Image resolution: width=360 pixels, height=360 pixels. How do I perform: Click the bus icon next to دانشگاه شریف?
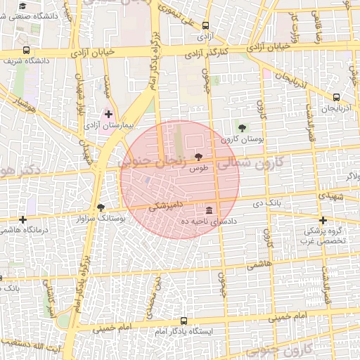27,50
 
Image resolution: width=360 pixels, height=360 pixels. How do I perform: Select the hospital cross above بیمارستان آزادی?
108,113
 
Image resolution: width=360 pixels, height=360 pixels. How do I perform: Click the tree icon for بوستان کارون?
243,128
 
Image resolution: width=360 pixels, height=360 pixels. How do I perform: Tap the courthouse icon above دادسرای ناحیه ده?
210,211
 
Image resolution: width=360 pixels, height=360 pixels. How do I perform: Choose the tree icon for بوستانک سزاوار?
101,207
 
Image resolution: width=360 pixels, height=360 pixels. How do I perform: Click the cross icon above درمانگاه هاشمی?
25,219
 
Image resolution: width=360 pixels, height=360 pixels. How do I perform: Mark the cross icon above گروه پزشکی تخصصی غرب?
323,220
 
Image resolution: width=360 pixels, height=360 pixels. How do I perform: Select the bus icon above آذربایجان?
336,98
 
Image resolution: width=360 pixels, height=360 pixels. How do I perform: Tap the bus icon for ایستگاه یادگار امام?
184,320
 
